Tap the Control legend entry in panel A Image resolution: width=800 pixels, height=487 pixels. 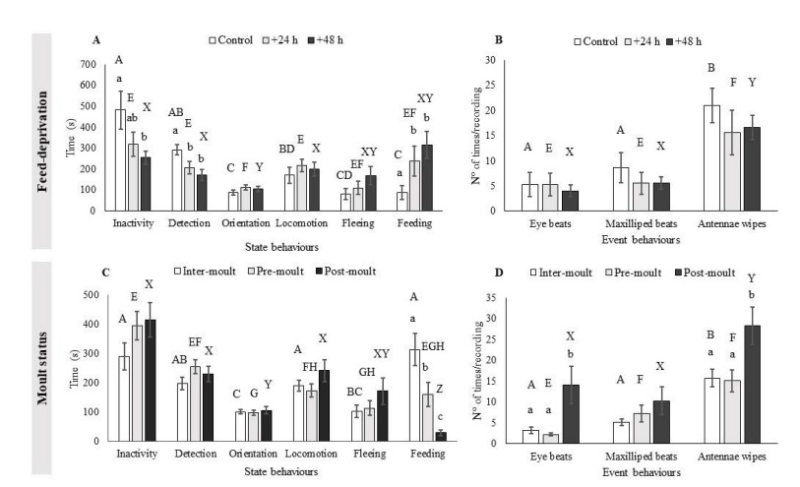click(233, 40)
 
